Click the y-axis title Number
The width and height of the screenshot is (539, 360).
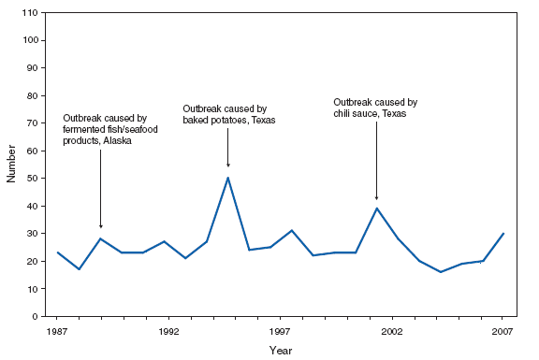point(12,165)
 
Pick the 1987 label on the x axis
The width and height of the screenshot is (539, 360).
point(58,332)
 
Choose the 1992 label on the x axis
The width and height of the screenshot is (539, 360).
point(169,332)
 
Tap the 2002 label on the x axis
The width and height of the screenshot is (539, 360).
point(391,332)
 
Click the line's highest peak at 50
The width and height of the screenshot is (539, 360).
point(227,178)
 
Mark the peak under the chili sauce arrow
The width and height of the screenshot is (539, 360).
point(376,209)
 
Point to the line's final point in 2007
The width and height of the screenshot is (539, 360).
point(503,234)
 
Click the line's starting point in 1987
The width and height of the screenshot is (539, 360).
point(58,252)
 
